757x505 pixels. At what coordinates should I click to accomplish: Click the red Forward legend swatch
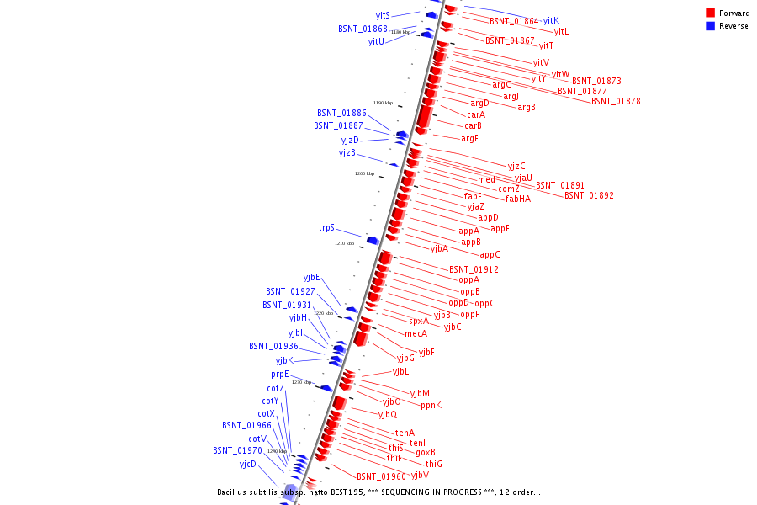pos(711,13)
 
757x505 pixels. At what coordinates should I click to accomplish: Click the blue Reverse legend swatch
pos(711,26)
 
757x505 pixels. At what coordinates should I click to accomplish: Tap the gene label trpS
pos(326,227)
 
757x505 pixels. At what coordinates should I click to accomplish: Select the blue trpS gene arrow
pos(372,241)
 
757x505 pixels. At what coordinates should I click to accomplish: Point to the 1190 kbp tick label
pos(383,103)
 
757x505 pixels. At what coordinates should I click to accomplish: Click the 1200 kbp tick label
pos(364,173)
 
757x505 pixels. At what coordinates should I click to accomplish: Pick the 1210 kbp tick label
pos(344,243)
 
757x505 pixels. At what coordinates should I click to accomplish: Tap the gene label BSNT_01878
pos(616,101)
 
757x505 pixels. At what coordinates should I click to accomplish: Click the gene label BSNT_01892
pos(589,195)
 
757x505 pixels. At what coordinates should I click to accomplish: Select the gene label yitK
pos(551,20)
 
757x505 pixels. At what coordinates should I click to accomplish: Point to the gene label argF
pos(469,138)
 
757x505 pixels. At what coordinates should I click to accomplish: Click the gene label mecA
pos(416,333)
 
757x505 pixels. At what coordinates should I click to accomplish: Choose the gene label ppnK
pos(431,405)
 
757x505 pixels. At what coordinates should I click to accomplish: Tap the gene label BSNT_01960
pos(381,476)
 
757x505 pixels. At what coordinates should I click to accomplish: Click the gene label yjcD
pos(247,464)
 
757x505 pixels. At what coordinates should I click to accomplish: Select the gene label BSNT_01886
pos(341,113)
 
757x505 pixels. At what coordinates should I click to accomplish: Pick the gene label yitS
pos(383,15)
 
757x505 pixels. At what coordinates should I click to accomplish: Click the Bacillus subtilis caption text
pos(378,492)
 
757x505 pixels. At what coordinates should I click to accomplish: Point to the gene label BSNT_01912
pos(474,269)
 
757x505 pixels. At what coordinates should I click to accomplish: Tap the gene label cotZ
pos(276,388)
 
